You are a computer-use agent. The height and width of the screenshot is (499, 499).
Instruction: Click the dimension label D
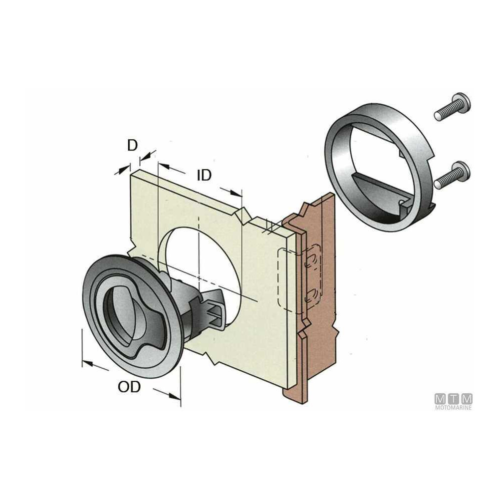132,145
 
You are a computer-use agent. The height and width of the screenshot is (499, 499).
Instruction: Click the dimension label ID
204,175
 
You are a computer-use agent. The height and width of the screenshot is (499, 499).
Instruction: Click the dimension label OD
129,387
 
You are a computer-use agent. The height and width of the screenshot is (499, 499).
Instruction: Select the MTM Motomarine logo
454,402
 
